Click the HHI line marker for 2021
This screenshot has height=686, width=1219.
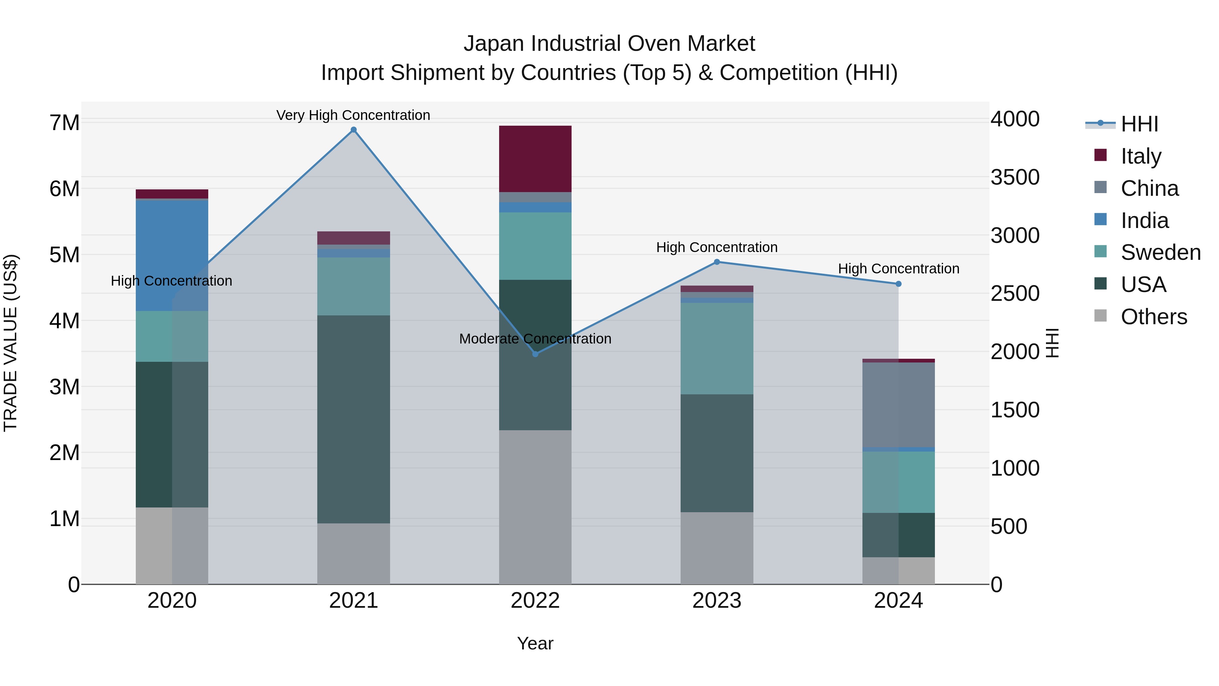pos(354,130)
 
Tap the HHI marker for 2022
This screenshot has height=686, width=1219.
pos(535,354)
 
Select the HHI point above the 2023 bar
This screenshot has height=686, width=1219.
pos(717,262)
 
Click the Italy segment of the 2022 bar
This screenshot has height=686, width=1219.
pos(535,159)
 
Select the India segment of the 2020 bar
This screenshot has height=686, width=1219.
pos(172,256)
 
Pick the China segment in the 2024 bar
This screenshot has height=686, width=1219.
pos(899,405)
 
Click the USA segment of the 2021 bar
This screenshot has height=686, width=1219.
pos(354,419)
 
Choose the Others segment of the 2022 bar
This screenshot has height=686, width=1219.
pos(535,506)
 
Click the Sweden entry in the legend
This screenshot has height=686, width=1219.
pos(1160,252)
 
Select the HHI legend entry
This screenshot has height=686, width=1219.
pos(1139,124)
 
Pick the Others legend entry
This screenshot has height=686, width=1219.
pos(1154,317)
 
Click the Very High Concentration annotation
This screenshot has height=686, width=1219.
pos(353,115)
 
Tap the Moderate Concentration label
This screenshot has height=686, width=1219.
pos(535,339)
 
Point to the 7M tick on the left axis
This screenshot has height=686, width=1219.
pos(65,123)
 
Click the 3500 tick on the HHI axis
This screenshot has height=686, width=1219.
pos(1015,177)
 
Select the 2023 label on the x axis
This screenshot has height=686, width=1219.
pos(717,601)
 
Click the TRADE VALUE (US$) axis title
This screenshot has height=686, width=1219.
pos(10,343)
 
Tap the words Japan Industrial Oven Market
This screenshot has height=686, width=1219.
pos(609,44)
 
